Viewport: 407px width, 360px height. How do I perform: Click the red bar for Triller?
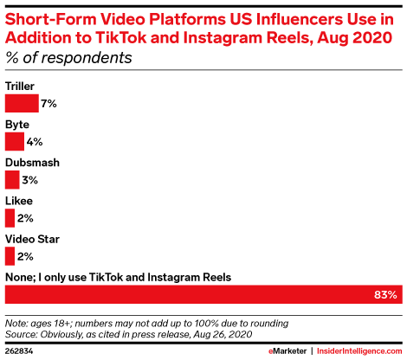click(x=22, y=103)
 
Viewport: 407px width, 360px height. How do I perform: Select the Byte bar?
click(x=15, y=141)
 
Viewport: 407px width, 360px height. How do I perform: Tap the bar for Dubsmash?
click(x=12, y=180)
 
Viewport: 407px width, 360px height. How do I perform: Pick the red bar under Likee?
click(x=10, y=218)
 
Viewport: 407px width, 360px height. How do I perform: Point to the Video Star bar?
click(x=10, y=256)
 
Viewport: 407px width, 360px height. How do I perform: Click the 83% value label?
click(x=385, y=294)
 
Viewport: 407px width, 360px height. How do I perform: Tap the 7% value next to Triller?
click(x=48, y=104)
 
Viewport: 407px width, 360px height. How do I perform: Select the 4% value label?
click(x=35, y=142)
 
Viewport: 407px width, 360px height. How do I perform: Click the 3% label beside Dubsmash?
click(x=30, y=180)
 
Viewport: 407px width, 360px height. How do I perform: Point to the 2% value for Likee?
click(x=25, y=218)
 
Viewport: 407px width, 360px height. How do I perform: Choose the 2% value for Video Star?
click(x=25, y=256)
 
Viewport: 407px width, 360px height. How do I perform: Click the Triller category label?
click(x=20, y=87)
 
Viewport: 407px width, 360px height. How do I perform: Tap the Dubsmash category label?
click(x=32, y=163)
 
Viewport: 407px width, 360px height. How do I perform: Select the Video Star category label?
click(x=32, y=239)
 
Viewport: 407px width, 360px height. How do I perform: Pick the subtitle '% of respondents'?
click(x=68, y=58)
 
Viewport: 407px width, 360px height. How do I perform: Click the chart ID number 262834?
click(x=19, y=351)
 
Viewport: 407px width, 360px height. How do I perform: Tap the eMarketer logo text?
click(x=287, y=351)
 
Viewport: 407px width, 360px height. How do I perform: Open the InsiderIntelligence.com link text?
click(x=359, y=351)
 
